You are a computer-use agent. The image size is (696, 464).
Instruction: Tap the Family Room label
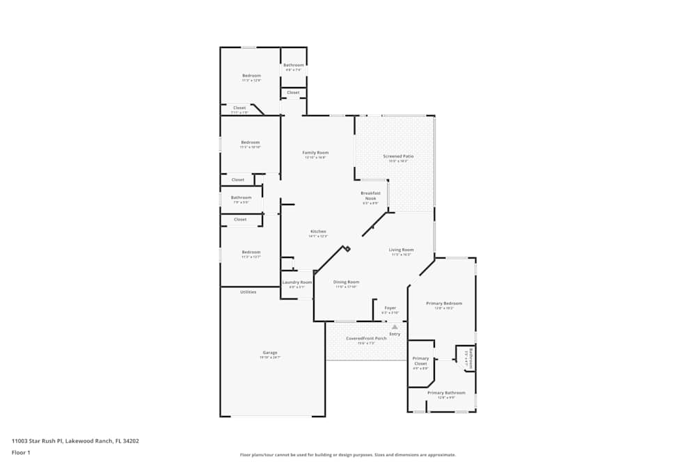pos(315,152)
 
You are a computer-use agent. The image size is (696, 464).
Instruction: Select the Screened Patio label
pos(398,157)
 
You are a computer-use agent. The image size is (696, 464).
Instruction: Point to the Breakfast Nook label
pos(370,195)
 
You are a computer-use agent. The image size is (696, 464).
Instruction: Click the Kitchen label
pos(317,232)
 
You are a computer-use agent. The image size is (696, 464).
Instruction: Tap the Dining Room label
pos(346,282)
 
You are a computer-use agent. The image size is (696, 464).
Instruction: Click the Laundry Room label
pos(296,282)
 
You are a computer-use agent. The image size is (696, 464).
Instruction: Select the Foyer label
pos(390,307)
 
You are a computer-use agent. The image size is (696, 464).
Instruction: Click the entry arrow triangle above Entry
pos(395,326)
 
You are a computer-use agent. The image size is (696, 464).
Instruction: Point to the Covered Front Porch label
pos(366,339)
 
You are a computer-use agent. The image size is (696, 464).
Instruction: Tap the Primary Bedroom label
pos(444,303)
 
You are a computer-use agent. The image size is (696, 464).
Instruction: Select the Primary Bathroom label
pos(446,393)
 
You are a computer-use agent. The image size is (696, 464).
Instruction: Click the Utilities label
pos(248,292)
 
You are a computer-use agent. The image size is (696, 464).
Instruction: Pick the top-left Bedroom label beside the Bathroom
pos(251,75)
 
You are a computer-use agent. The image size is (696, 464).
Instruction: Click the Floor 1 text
pos(21,452)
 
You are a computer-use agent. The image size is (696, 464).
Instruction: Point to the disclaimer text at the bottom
pos(348,455)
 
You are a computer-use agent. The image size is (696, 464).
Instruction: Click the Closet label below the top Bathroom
pos(293,93)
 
